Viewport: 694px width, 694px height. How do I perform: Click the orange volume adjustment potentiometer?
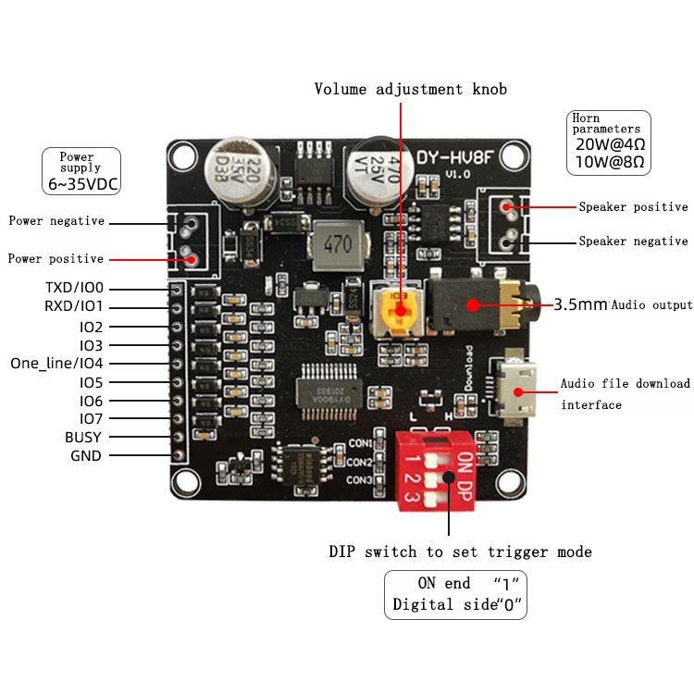click(400, 310)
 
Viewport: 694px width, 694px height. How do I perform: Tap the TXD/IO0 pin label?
click(74, 288)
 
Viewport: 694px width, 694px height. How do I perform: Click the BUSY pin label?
click(83, 437)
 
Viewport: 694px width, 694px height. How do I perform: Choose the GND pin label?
click(86, 456)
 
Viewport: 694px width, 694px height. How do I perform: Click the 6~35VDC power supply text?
click(81, 184)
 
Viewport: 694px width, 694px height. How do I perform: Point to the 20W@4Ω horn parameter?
click(609, 144)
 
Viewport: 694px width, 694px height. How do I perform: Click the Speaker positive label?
click(633, 207)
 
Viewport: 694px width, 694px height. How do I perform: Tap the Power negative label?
click(56, 222)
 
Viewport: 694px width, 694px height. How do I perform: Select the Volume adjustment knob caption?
click(410, 90)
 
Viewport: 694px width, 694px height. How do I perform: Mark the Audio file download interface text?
click(625, 393)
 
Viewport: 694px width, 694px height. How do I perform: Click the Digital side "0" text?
click(458, 607)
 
